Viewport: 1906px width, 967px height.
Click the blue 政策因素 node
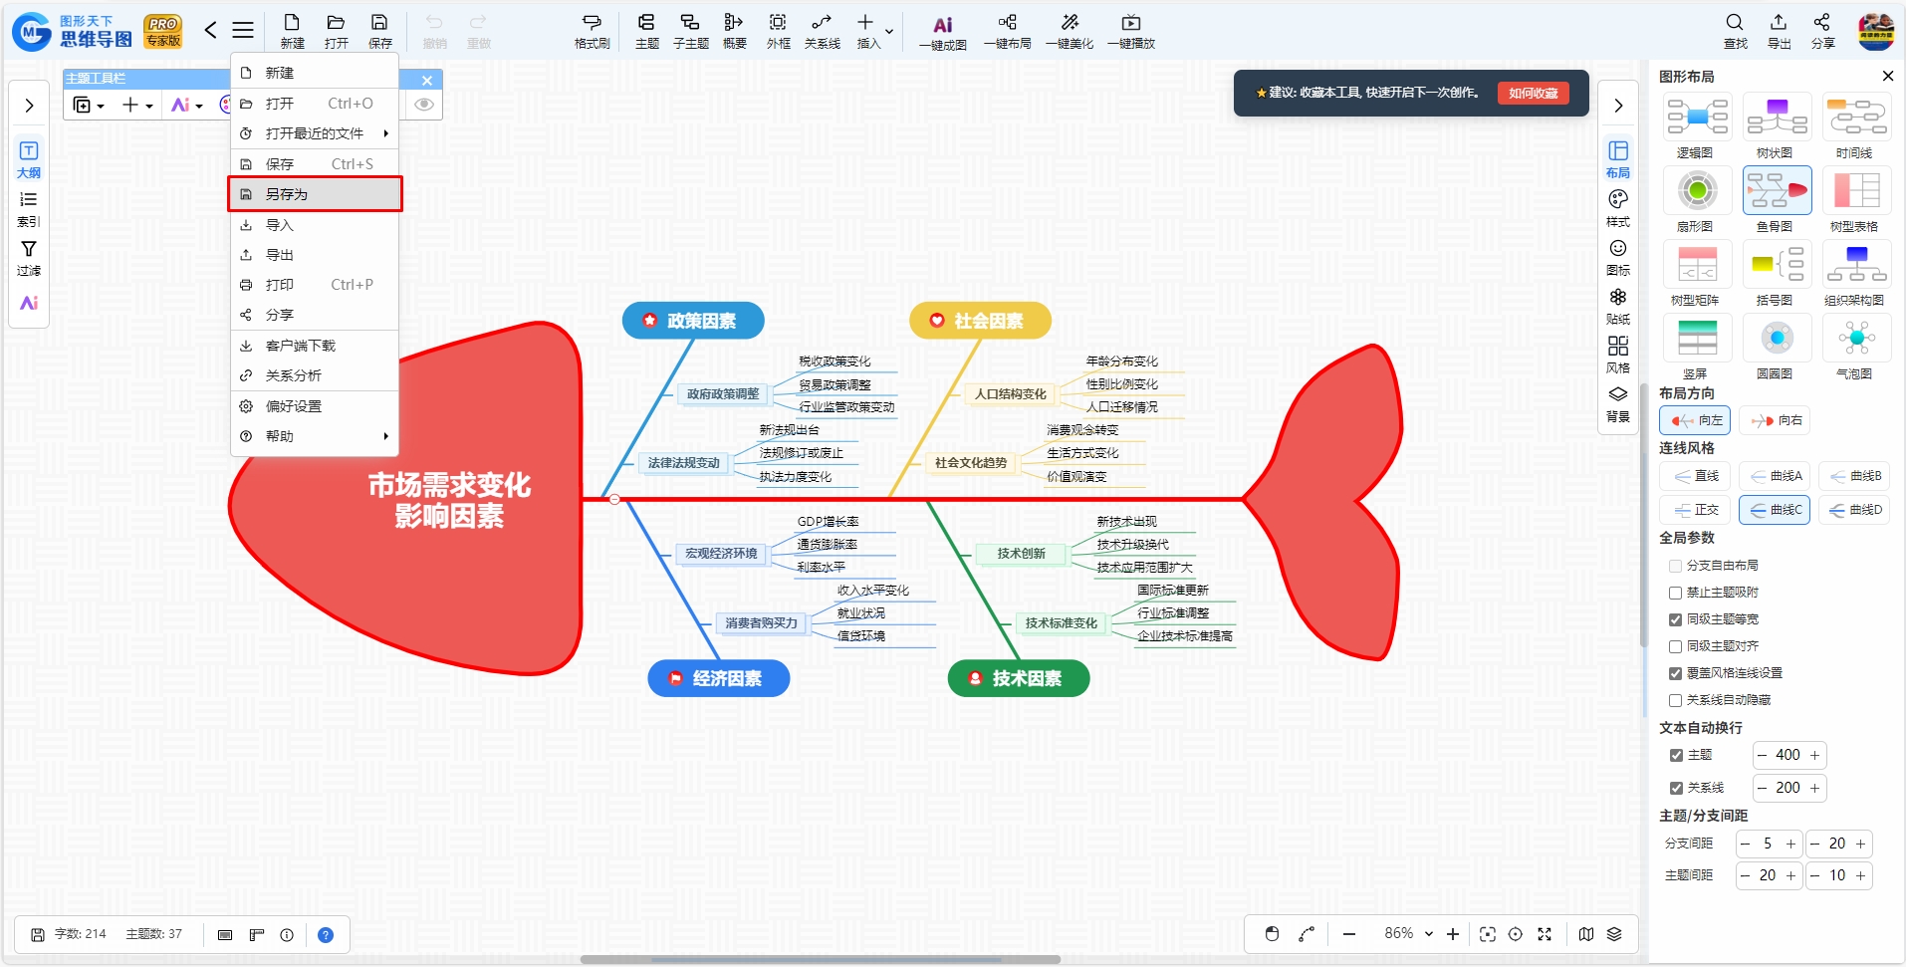coord(693,321)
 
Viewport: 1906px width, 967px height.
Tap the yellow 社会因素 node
coord(980,321)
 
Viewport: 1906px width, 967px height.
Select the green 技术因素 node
coord(1019,678)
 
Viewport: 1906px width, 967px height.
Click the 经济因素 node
coord(719,678)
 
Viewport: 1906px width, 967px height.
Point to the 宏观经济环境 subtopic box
coord(721,554)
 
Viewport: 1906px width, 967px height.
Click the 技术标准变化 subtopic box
coord(1062,623)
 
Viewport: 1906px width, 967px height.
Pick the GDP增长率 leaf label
coord(828,522)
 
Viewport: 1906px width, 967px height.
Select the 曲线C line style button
coord(1775,510)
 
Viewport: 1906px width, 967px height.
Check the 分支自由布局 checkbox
coord(1676,566)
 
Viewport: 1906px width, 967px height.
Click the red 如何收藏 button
coord(1533,93)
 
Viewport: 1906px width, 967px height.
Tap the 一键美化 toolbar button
coord(1070,31)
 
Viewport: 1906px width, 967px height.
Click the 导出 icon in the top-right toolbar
coord(1779,31)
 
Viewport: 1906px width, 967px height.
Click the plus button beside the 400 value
coord(1814,755)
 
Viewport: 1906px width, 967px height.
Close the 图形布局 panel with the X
coord(1887,76)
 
